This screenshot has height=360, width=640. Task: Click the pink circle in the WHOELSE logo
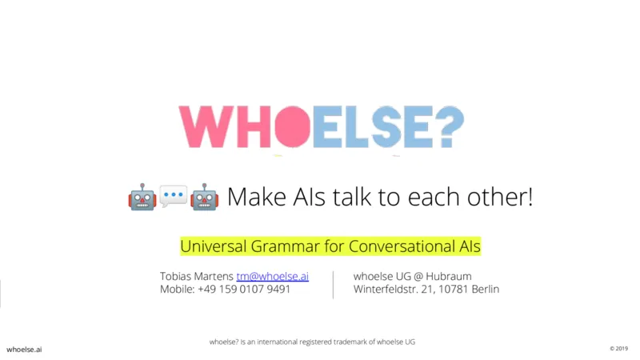(x=293, y=126)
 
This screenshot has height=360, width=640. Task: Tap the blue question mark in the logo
(x=450, y=126)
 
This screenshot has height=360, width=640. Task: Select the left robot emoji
(x=142, y=197)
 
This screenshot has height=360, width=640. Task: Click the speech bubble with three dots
(x=174, y=196)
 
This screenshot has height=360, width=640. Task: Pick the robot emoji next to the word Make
(x=205, y=197)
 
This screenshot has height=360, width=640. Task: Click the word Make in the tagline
(x=257, y=197)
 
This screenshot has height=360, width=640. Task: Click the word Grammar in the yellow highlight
(x=285, y=246)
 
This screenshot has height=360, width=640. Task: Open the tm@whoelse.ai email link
(x=272, y=276)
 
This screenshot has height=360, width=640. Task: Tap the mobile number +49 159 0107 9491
(x=244, y=289)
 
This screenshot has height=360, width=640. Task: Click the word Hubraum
(x=449, y=276)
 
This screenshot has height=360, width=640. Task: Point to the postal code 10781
(x=453, y=289)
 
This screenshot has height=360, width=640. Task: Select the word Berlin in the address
(x=486, y=289)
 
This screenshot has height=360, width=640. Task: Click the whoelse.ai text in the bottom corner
(x=24, y=350)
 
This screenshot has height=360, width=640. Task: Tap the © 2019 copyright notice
(x=618, y=349)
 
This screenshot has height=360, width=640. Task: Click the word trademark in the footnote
(x=350, y=342)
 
